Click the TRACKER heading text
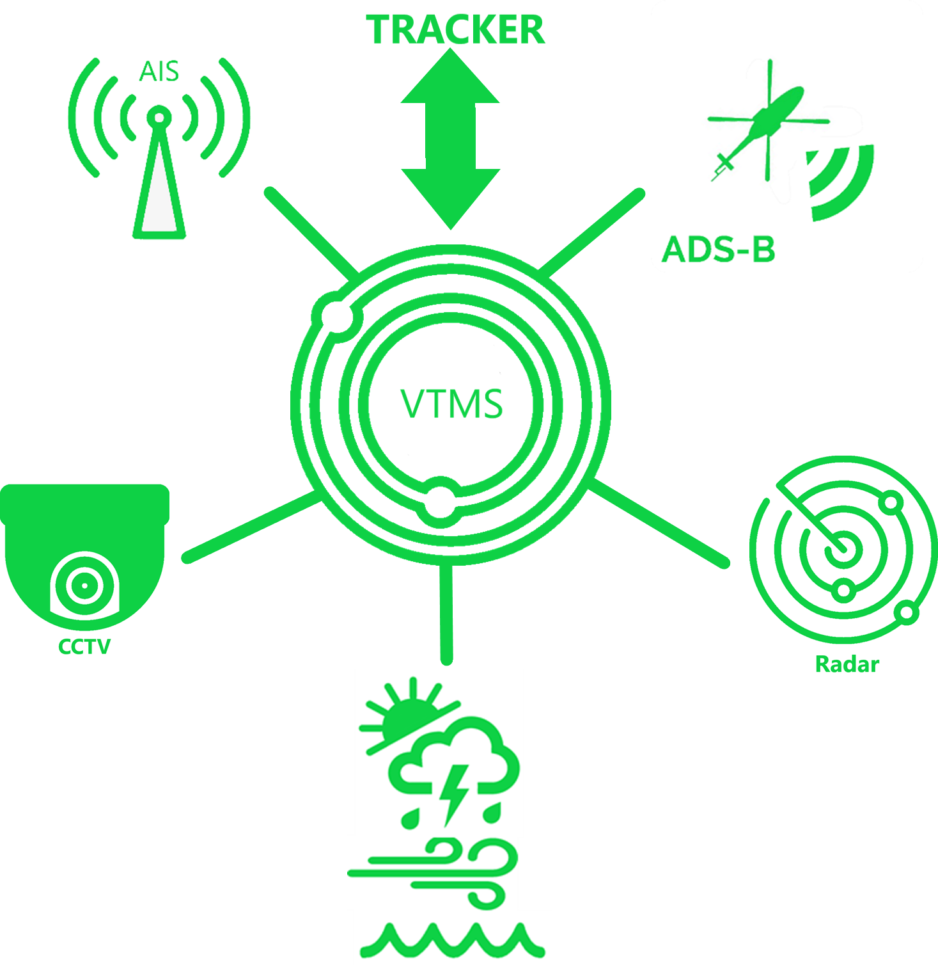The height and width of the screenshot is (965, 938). pos(455,29)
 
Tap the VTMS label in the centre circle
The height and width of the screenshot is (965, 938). pos(451,404)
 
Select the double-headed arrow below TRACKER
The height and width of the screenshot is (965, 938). pos(450,138)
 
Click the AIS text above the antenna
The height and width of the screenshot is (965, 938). pos(159,71)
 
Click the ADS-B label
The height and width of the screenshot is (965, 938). pos(719,249)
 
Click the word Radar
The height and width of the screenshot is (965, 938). pos(847,664)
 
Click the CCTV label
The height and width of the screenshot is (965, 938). pos(84,646)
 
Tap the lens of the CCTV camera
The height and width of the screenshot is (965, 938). pos(84,585)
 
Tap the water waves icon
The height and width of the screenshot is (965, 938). pos(451,939)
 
